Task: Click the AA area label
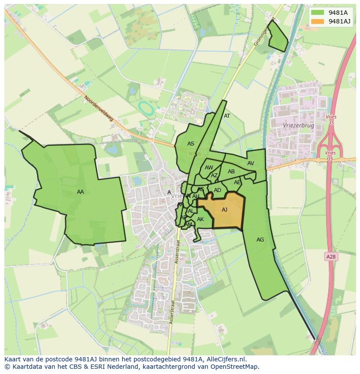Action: (x=80, y=192)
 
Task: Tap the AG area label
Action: (x=260, y=240)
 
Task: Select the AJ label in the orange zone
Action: (x=224, y=210)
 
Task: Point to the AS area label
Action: (x=191, y=144)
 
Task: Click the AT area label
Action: (x=227, y=116)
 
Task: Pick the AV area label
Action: (x=250, y=163)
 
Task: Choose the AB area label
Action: (x=231, y=172)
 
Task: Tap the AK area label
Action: (x=200, y=219)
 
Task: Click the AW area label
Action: (x=209, y=168)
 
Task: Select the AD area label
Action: (x=218, y=190)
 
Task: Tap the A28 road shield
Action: (x=331, y=257)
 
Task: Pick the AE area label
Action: (x=237, y=182)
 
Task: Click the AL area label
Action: (x=190, y=211)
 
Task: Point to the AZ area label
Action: (x=214, y=175)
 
